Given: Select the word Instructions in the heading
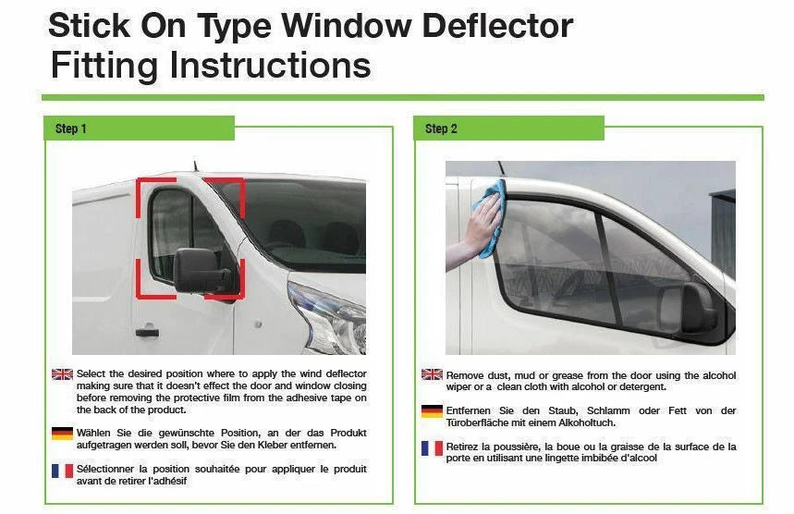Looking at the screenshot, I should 263,66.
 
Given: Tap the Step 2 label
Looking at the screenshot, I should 441,128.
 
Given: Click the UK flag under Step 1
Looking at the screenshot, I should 62,374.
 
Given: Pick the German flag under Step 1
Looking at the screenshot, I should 62,433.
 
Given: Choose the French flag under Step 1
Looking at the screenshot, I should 62,471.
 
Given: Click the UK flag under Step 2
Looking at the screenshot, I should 432,374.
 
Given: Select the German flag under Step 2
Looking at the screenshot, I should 432,411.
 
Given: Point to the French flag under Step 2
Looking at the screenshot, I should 432,448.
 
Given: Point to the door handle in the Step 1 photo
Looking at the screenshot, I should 146,331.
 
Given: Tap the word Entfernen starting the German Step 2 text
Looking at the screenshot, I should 470,410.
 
